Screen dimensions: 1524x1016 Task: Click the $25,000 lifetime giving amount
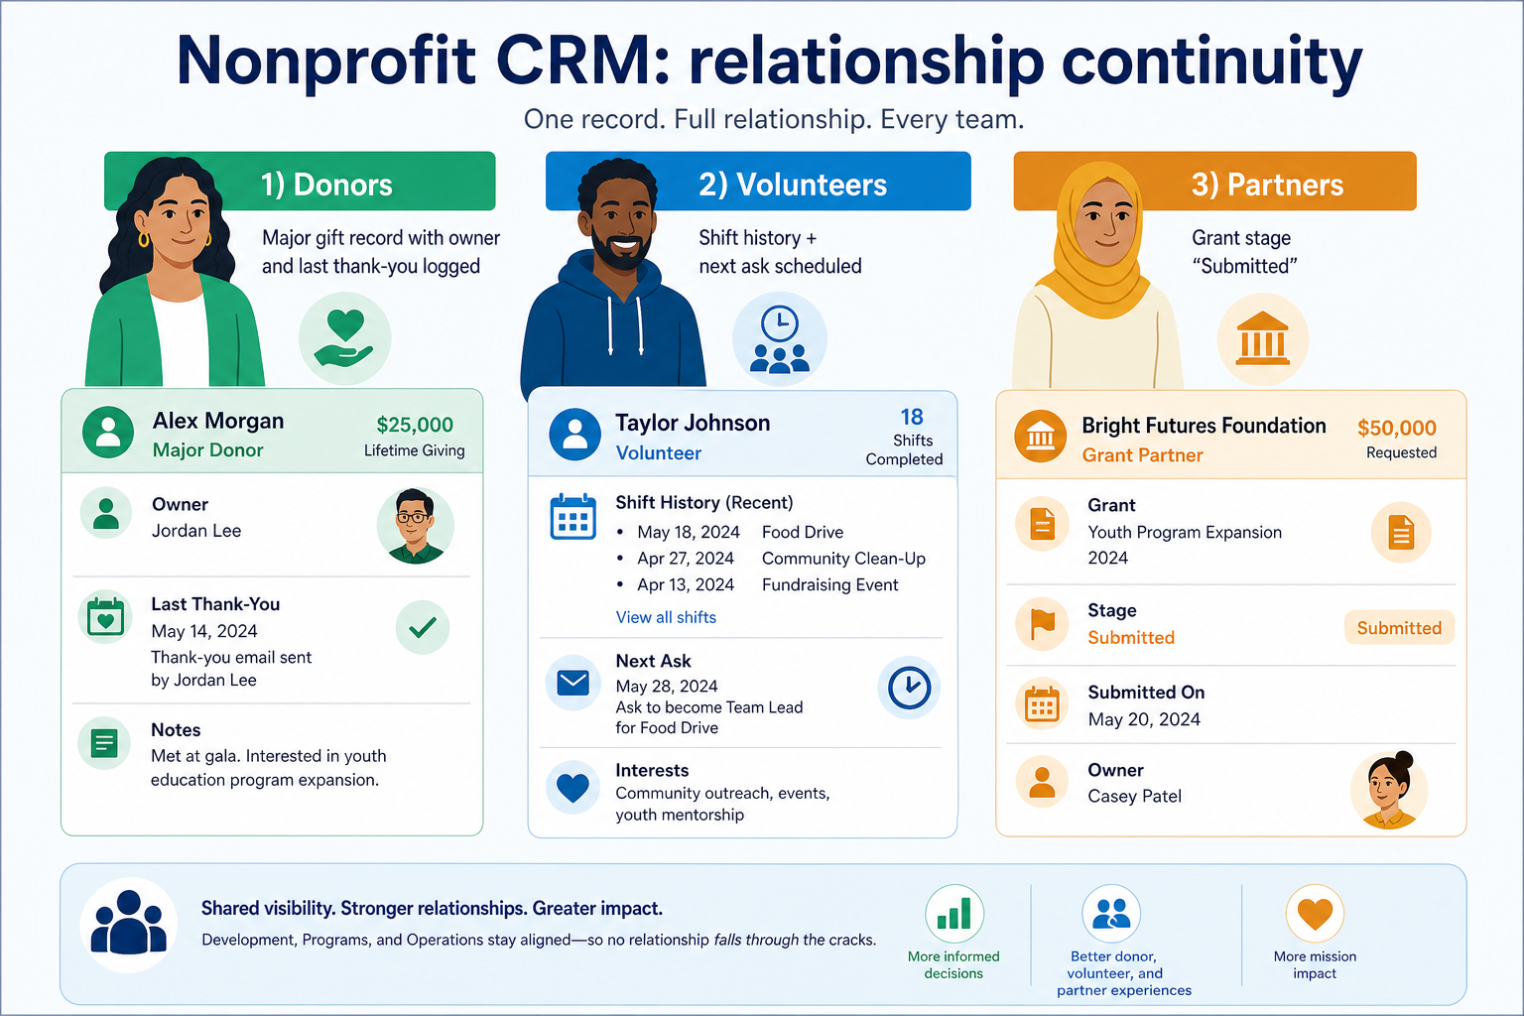click(x=415, y=425)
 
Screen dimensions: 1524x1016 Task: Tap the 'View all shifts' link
click(x=666, y=617)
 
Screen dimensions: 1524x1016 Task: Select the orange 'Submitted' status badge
click(x=1399, y=627)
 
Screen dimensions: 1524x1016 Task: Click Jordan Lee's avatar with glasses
click(x=415, y=525)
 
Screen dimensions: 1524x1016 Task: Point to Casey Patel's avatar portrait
click(x=1389, y=790)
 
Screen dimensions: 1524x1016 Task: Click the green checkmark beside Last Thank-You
click(x=423, y=627)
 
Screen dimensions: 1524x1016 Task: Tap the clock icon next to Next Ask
click(x=909, y=688)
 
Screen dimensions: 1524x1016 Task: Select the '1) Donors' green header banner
click(x=300, y=181)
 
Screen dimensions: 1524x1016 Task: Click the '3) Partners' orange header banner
click(x=1215, y=181)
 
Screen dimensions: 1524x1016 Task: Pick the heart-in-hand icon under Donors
click(x=345, y=338)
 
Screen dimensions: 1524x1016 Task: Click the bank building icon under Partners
click(x=1263, y=339)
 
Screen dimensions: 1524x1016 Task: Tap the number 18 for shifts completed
click(x=912, y=417)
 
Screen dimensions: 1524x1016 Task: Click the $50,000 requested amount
click(x=1397, y=428)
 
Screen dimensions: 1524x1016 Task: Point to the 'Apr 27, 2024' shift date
click(x=686, y=558)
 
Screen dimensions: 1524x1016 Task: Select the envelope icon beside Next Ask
click(x=572, y=683)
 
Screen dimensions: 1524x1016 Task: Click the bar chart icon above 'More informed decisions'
click(x=954, y=913)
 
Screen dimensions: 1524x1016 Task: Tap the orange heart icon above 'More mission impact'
click(x=1315, y=913)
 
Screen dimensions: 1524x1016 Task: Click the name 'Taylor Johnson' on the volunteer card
click(x=693, y=423)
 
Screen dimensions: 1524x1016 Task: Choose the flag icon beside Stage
click(x=1043, y=624)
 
